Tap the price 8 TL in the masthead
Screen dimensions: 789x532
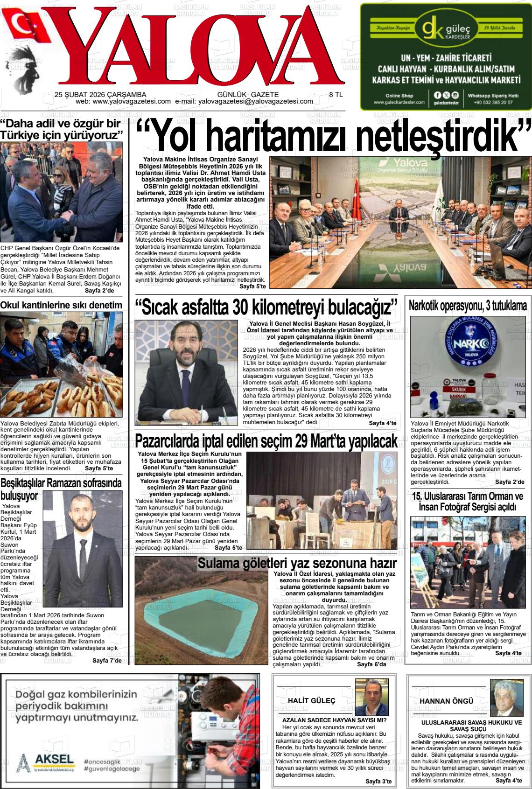coord(336,94)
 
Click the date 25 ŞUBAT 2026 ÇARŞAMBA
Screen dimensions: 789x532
coord(100,94)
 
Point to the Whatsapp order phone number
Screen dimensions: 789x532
coord(493,102)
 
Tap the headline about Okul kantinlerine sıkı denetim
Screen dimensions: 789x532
coord(61,305)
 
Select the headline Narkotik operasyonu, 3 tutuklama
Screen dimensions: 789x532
coord(468,306)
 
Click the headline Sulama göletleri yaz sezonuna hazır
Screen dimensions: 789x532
coord(297,563)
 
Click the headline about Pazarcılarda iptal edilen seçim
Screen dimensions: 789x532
coord(266,440)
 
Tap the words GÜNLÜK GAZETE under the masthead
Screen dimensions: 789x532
coord(248,94)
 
